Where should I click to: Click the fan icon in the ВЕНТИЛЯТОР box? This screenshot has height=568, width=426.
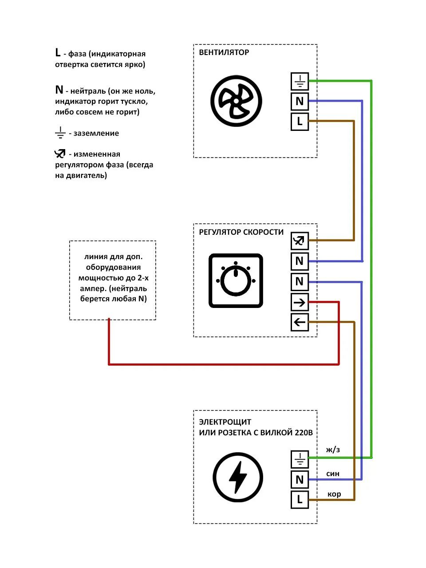(x=236, y=101)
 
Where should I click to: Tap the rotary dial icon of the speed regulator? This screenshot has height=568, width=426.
(x=236, y=280)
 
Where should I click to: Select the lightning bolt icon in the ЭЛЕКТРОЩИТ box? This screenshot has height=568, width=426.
(x=238, y=477)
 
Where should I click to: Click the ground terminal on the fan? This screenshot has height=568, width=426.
(x=300, y=81)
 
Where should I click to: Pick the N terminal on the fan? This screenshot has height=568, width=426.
(x=300, y=101)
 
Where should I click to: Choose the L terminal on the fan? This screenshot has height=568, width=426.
(x=300, y=121)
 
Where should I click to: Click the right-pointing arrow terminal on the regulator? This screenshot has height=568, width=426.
(x=300, y=302)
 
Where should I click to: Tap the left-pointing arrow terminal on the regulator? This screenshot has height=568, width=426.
(x=300, y=322)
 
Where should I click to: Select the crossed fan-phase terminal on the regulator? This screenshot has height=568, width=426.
(x=300, y=241)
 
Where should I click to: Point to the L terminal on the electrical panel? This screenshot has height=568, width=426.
(x=300, y=499)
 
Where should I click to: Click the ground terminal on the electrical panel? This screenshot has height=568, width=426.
(x=300, y=459)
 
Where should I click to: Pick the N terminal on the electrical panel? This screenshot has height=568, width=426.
(x=300, y=480)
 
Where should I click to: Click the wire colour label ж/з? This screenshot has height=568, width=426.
(x=333, y=450)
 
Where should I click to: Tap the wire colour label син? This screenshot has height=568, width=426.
(x=333, y=473)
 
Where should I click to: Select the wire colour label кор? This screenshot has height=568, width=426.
(x=334, y=494)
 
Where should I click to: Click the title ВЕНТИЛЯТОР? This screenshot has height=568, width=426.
(x=224, y=52)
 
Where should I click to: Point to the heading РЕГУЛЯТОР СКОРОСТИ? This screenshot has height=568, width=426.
(x=241, y=232)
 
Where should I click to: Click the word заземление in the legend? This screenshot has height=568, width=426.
(x=96, y=133)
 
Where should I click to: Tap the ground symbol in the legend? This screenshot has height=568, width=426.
(x=60, y=133)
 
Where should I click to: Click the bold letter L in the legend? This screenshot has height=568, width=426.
(x=58, y=52)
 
